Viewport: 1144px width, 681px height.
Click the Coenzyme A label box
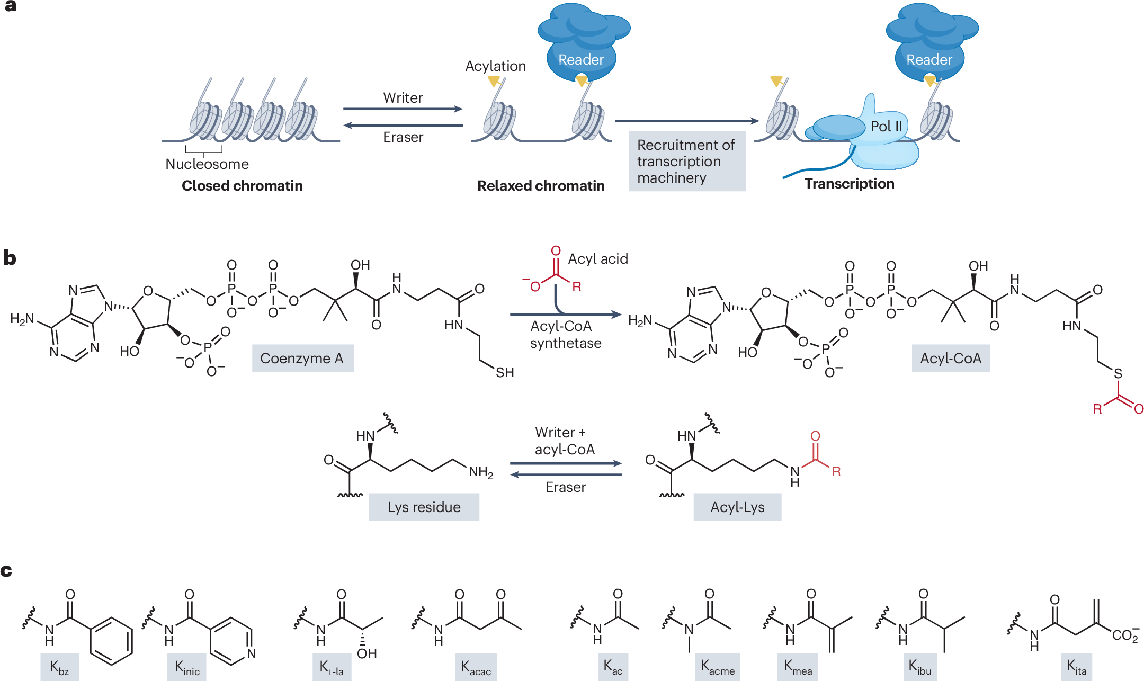pyautogui.click(x=302, y=359)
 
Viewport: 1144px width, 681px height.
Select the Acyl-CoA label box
pyautogui.click(x=950, y=359)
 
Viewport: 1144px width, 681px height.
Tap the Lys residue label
pyautogui.click(x=424, y=507)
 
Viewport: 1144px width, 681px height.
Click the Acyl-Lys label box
pyautogui.click(x=737, y=507)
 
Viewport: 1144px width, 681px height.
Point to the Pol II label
pyautogui.click(x=886, y=127)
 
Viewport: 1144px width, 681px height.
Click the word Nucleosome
pyautogui.click(x=207, y=164)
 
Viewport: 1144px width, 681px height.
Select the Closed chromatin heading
pyautogui.click(x=242, y=186)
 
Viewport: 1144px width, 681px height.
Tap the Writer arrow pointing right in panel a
pyautogui.click(x=403, y=109)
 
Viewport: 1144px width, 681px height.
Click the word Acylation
pyautogui.click(x=495, y=66)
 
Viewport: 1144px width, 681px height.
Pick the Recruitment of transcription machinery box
pyautogui.click(x=687, y=161)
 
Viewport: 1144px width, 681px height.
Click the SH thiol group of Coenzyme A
pyautogui.click(x=504, y=373)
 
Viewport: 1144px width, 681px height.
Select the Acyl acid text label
pyautogui.click(x=598, y=259)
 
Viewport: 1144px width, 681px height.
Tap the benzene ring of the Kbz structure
pyautogui.click(x=111, y=641)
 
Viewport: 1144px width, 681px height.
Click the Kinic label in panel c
pyautogui.click(x=187, y=667)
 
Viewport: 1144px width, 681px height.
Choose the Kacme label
pyautogui.click(x=718, y=667)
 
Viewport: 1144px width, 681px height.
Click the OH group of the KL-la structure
pyautogui.click(x=367, y=653)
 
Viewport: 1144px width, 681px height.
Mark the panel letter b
pyautogui.click(x=10, y=258)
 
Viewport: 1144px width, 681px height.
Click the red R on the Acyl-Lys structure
pyautogui.click(x=836, y=472)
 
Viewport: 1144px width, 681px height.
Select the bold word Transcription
pyautogui.click(x=849, y=184)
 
